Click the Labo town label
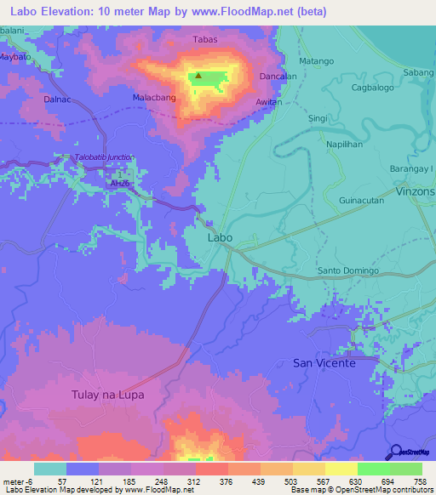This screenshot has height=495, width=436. (220, 239)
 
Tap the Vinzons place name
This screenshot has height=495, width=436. (416, 193)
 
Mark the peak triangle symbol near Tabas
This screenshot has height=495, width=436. (198, 76)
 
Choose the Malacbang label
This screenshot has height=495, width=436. (152, 98)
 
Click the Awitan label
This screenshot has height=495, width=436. (268, 101)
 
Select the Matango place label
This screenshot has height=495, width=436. (317, 61)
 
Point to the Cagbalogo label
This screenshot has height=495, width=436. (373, 88)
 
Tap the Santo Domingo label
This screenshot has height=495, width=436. (346, 270)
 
